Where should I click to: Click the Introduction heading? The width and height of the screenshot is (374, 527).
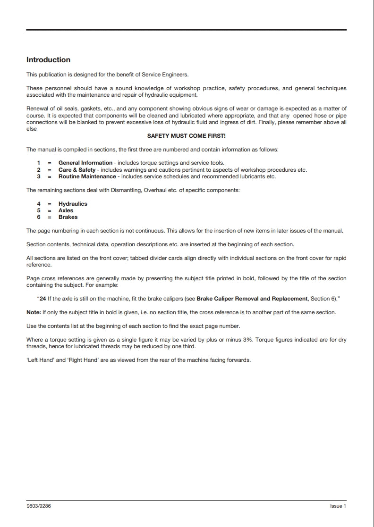[x=48, y=60]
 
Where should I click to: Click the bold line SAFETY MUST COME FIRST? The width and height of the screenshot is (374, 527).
[x=187, y=136]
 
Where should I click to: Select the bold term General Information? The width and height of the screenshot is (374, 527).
[x=85, y=163]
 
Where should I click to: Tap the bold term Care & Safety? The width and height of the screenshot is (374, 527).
[x=77, y=170]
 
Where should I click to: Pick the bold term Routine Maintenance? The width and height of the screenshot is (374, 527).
[x=87, y=176]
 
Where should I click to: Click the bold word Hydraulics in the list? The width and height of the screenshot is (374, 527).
[x=73, y=204]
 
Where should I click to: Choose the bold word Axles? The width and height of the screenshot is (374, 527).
[x=66, y=210]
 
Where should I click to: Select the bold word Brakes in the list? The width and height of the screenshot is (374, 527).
[x=68, y=217]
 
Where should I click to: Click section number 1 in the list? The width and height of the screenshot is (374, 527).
[x=39, y=163]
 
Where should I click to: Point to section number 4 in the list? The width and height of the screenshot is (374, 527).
[x=39, y=204]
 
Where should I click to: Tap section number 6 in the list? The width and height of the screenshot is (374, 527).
[x=39, y=217]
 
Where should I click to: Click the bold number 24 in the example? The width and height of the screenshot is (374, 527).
[x=43, y=299]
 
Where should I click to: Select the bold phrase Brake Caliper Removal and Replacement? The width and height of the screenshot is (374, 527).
[x=252, y=299]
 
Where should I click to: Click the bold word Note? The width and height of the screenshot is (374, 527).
[x=34, y=313]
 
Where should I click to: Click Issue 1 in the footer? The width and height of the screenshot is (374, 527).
[x=338, y=506]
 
